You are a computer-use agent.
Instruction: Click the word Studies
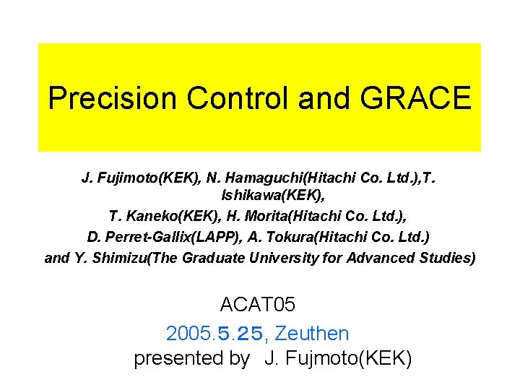pyautogui.click(x=448, y=258)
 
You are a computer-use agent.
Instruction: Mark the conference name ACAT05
pyautogui.click(x=258, y=305)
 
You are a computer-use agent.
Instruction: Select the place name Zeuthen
pyautogui.click(x=312, y=334)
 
